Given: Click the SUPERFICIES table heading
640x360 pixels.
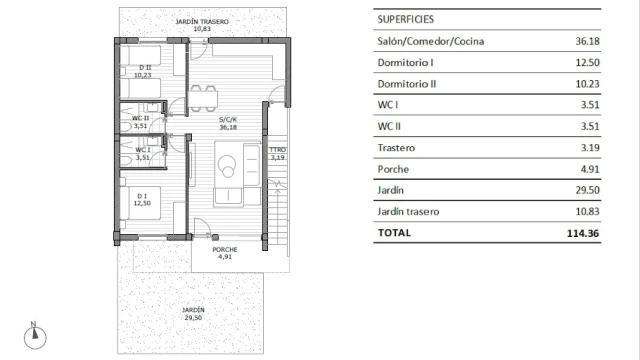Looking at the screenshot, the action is [x=405, y=19].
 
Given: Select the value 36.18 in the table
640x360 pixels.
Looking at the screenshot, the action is [x=587, y=41].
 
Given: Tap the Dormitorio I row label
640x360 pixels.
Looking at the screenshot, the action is [x=405, y=62].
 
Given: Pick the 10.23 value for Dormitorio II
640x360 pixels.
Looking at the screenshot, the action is [x=587, y=84].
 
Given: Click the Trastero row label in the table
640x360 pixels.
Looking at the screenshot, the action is [x=396, y=148].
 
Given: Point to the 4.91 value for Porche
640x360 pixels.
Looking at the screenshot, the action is [x=590, y=169].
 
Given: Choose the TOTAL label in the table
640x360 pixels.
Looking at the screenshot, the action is [x=394, y=233].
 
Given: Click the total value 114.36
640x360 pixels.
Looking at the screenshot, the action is [x=583, y=233].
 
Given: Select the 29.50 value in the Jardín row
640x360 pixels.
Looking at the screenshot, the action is [x=587, y=190].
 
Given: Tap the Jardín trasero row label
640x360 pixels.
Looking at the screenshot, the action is [x=408, y=211].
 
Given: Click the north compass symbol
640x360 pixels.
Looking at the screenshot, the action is [x=35, y=336].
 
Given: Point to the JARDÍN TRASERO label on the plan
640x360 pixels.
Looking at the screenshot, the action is [x=202, y=22].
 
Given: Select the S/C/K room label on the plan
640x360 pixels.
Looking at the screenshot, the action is [x=228, y=120].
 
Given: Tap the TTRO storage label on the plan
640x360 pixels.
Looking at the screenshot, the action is [x=278, y=150].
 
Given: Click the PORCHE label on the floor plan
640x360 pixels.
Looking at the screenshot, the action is [x=225, y=249].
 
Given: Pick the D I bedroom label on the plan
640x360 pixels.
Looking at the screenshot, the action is [x=142, y=196].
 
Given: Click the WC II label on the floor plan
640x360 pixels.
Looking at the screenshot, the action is [x=140, y=118].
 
